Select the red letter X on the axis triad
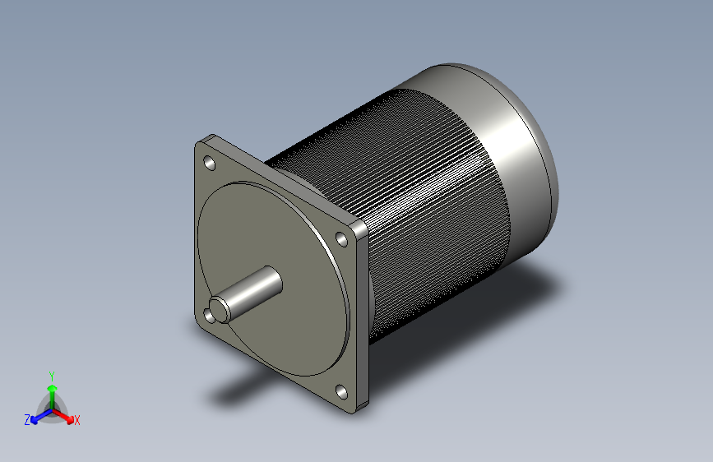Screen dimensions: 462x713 [77, 420]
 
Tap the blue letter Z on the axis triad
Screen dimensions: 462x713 [27, 419]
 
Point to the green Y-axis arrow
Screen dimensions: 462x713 [51, 390]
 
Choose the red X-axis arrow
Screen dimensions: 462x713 [65, 415]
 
